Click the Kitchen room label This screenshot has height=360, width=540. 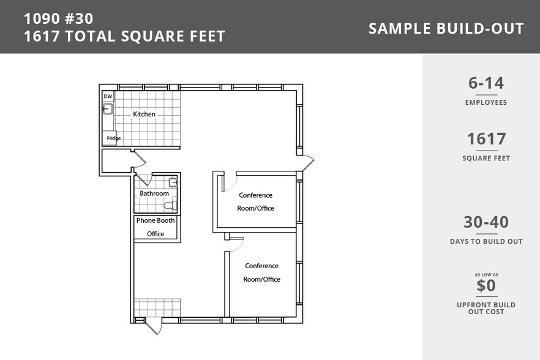(144, 114)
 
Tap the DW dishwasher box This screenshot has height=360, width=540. (108, 97)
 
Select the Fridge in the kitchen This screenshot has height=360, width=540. (110, 138)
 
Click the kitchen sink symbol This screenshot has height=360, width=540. (108, 109)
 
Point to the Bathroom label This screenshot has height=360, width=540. (154, 193)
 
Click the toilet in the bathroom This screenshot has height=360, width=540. (170, 206)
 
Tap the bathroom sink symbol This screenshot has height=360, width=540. (173, 182)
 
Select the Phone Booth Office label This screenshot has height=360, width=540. (156, 227)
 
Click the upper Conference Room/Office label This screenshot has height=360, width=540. (255, 201)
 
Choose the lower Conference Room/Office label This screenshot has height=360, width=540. (262, 272)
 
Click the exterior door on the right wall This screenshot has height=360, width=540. (306, 163)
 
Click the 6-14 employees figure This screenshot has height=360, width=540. (486, 83)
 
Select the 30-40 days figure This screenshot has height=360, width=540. (486, 222)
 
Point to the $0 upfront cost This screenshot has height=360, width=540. (486, 285)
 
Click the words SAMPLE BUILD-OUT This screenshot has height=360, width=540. (446, 29)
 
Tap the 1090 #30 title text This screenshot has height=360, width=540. (59, 18)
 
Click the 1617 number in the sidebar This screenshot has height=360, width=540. (486, 139)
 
